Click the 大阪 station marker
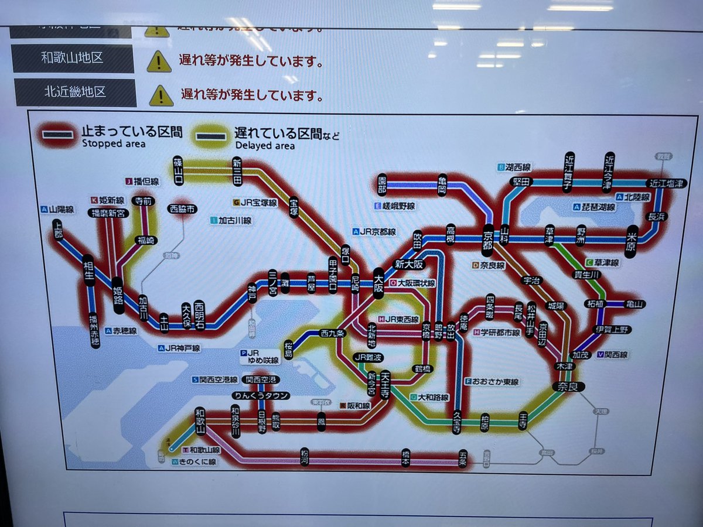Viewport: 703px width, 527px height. tap(378, 283)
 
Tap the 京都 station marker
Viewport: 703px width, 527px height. tap(487, 239)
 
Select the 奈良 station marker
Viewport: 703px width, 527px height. tap(568, 387)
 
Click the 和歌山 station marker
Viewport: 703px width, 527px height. tap(200, 422)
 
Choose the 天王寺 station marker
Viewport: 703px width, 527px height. tap(385, 385)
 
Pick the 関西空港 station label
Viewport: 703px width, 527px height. tap(261, 379)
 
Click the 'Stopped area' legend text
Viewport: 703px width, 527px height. tap(105, 143)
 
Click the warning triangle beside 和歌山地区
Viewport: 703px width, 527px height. tap(159, 61)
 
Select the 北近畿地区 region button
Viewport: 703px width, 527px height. tap(75, 92)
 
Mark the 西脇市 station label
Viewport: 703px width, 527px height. tap(182, 208)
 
